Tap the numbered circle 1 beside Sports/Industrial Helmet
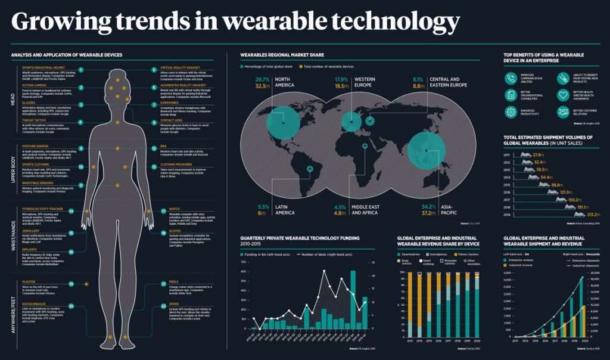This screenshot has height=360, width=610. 80,70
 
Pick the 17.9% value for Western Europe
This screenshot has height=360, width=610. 341,79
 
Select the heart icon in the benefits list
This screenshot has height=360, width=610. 562,95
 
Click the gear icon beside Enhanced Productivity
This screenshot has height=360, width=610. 511,111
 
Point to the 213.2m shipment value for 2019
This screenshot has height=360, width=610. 593,214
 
